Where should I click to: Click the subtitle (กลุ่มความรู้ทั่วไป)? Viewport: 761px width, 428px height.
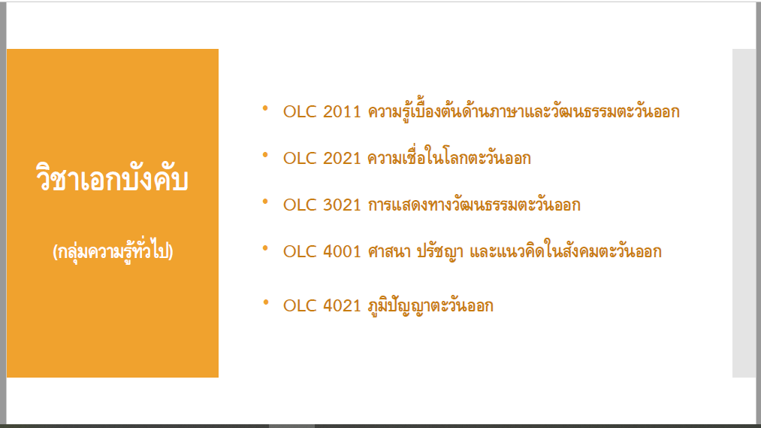coord(113,251)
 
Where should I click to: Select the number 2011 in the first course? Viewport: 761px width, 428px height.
coord(342,112)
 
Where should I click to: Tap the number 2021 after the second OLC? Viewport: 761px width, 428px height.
coord(342,159)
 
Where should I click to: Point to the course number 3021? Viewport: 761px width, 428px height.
coord(342,205)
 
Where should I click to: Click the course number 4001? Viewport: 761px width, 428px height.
coord(342,252)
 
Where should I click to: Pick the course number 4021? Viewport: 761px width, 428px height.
coord(342,305)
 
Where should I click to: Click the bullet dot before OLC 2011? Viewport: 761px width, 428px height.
coord(265,108)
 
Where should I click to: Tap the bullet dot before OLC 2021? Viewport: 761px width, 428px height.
coord(265,155)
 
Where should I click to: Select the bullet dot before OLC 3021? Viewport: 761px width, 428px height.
coord(265,202)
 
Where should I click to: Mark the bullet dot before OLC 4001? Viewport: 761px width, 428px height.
coord(265,248)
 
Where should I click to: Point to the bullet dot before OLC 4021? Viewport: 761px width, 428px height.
coord(265,302)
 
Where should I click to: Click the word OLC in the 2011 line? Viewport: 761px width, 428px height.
coord(300,112)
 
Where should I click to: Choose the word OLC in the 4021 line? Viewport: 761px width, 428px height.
coord(300,305)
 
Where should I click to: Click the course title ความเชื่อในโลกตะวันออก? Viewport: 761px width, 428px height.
coord(449,157)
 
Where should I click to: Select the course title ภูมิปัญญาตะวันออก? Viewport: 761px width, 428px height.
coord(430,306)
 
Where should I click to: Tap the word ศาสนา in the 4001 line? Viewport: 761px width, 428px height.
coord(389,252)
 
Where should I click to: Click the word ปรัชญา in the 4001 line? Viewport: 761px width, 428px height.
coord(440,252)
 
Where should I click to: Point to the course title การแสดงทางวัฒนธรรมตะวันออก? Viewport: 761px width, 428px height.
coord(474,205)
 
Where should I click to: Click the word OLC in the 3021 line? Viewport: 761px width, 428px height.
coord(300,205)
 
